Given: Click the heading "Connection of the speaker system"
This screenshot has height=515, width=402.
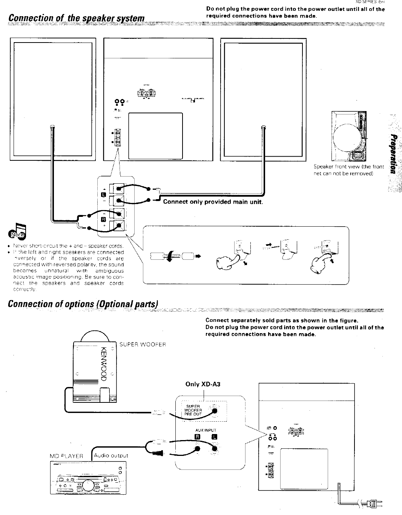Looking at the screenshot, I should [77, 18].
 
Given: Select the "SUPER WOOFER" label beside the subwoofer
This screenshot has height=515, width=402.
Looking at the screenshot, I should [143, 344].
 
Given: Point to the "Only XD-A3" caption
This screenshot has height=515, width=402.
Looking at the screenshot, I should [203, 384].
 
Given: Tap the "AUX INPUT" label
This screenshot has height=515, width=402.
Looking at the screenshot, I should [206, 430].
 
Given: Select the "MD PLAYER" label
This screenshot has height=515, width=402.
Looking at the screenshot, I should [66, 456].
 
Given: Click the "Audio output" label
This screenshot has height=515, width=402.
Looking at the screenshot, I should [111, 456].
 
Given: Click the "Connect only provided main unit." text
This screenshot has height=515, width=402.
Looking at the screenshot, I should [213, 202].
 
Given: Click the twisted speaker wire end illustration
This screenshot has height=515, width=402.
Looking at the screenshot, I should [172, 257].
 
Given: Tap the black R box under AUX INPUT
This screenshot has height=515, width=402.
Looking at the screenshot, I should [197, 437].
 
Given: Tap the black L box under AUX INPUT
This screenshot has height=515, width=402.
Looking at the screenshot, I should [215, 437].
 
